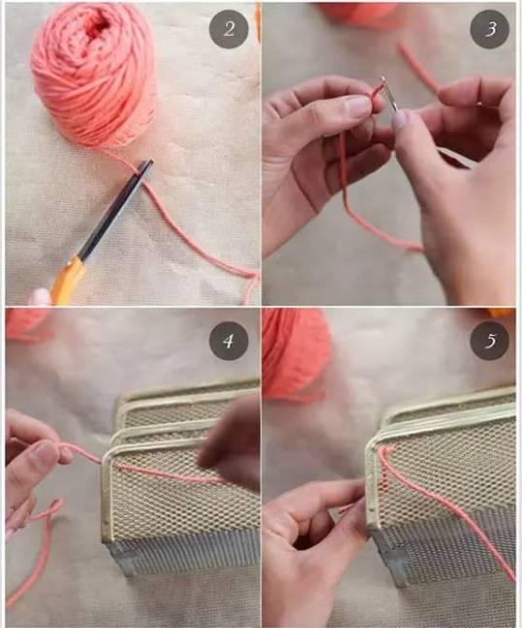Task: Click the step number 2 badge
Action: tap(229, 29)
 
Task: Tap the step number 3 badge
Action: tap(489, 29)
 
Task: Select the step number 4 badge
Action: tap(229, 341)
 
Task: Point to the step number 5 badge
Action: tap(489, 341)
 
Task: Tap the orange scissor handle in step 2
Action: tap(67, 281)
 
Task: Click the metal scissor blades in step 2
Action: tap(116, 209)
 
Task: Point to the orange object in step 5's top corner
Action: tap(501, 312)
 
